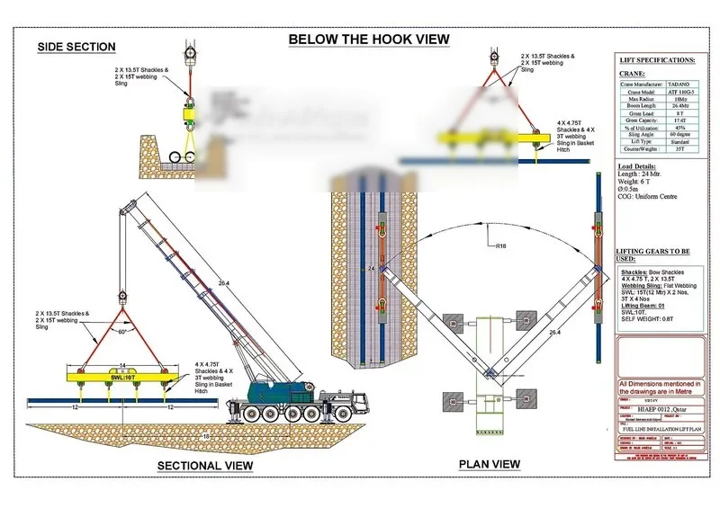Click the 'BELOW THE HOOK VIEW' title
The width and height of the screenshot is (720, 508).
(x=368, y=40)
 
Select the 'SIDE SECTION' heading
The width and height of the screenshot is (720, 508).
(x=76, y=47)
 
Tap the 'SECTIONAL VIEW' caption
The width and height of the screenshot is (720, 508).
(x=205, y=465)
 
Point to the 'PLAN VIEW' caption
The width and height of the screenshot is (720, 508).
(x=490, y=464)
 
